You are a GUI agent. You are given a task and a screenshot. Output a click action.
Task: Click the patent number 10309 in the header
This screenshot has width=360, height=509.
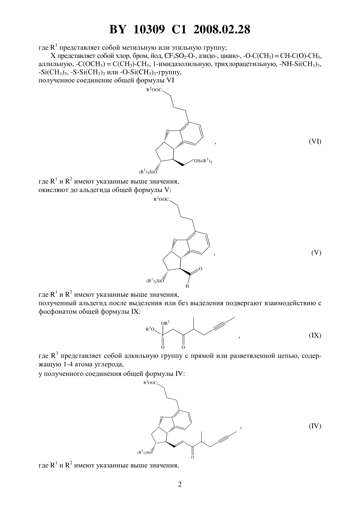pyautogui.click(x=149, y=29)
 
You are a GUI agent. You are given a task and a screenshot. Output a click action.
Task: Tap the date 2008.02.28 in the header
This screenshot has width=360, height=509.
pyautogui.click(x=222, y=29)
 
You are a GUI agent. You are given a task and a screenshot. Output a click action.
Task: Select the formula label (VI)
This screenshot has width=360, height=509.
pyautogui.click(x=315, y=142)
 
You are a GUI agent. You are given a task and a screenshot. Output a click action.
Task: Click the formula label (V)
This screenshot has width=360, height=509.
pyautogui.click(x=316, y=253)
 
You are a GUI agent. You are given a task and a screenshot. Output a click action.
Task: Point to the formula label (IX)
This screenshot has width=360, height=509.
pyautogui.click(x=315, y=335)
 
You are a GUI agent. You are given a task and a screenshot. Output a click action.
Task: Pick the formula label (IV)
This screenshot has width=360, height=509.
pyautogui.click(x=315, y=426)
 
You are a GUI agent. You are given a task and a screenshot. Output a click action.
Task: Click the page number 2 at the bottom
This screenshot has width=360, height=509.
pyautogui.click(x=180, y=484)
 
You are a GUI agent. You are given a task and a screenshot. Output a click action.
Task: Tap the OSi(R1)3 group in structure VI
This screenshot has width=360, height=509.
pyautogui.click(x=203, y=161)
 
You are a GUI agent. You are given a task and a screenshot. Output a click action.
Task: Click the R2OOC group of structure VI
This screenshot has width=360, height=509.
pyautogui.click(x=154, y=90)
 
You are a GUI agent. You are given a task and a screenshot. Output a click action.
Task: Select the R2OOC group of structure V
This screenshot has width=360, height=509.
pyautogui.click(x=161, y=199)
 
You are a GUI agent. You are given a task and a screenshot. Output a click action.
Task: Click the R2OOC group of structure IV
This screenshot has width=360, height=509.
pyautogui.click(x=150, y=383)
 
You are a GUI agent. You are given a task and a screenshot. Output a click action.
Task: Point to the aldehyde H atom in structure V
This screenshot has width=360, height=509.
pyautogui.click(x=187, y=286)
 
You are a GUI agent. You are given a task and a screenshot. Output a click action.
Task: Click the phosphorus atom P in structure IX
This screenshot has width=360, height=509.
pyautogui.click(x=163, y=335)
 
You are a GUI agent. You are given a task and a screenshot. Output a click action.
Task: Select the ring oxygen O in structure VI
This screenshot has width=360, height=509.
pyautogui.click(x=168, y=131)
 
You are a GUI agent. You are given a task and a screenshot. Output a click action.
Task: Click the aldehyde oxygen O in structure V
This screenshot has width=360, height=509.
pyautogui.click(x=200, y=269)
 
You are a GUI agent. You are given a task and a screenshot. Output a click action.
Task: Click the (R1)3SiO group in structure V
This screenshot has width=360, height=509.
pyautogui.click(x=155, y=281)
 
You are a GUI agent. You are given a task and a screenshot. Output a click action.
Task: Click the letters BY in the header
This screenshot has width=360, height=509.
pyautogui.click(x=117, y=29)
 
